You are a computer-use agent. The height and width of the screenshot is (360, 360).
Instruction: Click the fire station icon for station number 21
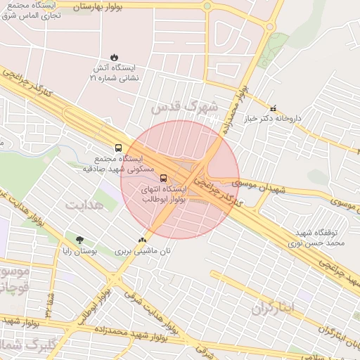point(115,57)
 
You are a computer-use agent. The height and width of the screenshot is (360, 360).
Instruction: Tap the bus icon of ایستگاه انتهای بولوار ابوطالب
point(164,178)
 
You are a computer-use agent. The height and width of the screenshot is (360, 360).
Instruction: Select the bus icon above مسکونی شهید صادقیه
point(117,148)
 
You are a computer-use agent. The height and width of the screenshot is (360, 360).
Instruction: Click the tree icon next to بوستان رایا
point(79,240)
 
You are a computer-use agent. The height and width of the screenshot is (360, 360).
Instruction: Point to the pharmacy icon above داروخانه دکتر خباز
point(274,108)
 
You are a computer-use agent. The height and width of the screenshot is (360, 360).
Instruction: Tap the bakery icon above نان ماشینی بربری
point(143,240)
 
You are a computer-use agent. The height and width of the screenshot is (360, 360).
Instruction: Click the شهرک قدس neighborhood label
point(184,107)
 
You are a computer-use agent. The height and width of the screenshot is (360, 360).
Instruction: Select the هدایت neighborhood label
point(84,205)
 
